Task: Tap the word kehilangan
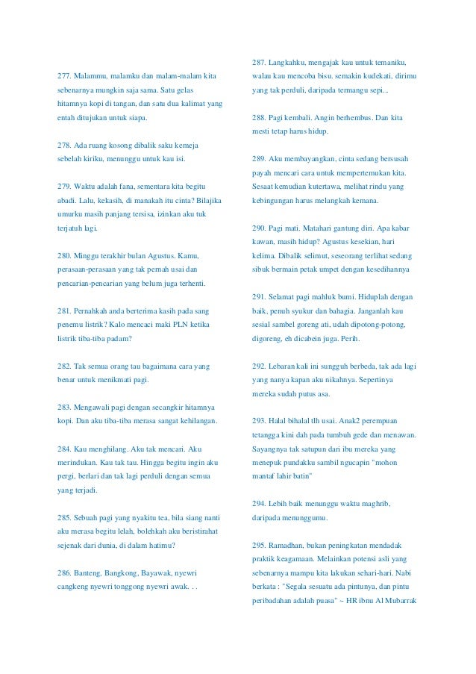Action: pyautogui.click(x=194, y=421)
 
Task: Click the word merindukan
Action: pyautogui.click(x=78, y=463)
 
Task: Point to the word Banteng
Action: pyautogui.click(x=90, y=572)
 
